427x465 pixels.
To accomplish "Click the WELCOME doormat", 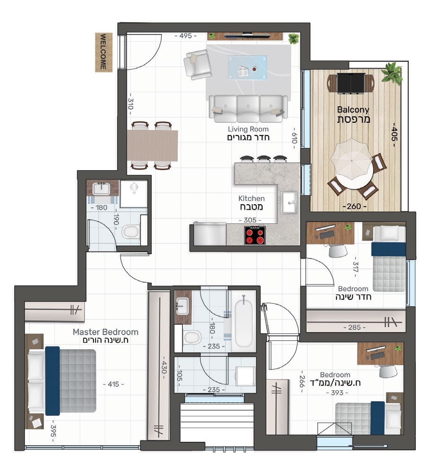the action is pyautogui.click(x=104, y=52).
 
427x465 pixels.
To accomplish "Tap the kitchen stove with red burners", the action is pyautogui.click(x=254, y=235).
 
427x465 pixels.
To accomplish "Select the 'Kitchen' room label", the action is pyautogui.click(x=252, y=198).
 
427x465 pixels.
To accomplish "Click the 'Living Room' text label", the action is pyautogui.click(x=248, y=129).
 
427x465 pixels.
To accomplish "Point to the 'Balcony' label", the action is pyautogui.click(x=353, y=110).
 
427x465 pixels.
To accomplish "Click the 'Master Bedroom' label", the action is pyautogui.click(x=105, y=332).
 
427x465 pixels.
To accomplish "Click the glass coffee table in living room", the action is pyautogui.click(x=247, y=67).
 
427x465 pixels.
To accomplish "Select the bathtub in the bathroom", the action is pyautogui.click(x=244, y=321).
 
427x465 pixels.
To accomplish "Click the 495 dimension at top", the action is pyautogui.click(x=185, y=35).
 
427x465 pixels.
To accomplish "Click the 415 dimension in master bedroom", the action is pyautogui.click(x=113, y=384).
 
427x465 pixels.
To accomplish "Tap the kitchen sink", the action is pyautogui.click(x=288, y=202).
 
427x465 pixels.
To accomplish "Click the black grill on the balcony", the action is pyautogui.click(x=350, y=83).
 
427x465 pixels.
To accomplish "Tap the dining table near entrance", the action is pyautogui.click(x=153, y=146).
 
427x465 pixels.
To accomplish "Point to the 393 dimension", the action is pyautogui.click(x=337, y=393).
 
